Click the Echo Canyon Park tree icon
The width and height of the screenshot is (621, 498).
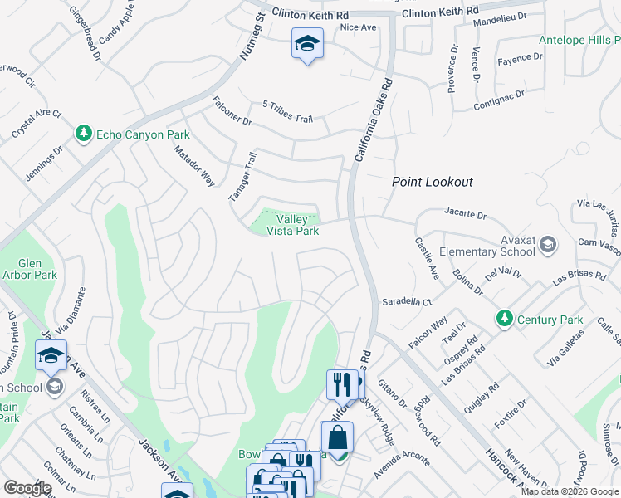click(x=83, y=134)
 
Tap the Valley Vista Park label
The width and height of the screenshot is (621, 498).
click(x=291, y=225)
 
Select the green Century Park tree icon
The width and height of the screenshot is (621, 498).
click(x=503, y=318)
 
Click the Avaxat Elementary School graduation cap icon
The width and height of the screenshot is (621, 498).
click(x=547, y=244)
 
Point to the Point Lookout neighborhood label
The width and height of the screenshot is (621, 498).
click(x=432, y=182)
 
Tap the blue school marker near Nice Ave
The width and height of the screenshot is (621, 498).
click(x=307, y=44)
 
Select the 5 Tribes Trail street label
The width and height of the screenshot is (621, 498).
click(x=287, y=112)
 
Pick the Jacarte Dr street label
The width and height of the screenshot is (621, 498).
click(x=464, y=213)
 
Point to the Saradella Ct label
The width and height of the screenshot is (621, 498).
click(x=407, y=302)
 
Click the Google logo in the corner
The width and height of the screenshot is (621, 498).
click(x=28, y=488)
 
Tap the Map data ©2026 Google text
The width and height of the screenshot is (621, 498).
click(x=570, y=491)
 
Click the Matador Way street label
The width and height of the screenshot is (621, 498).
click(x=194, y=166)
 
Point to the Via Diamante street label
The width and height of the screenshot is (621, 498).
click(x=69, y=306)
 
